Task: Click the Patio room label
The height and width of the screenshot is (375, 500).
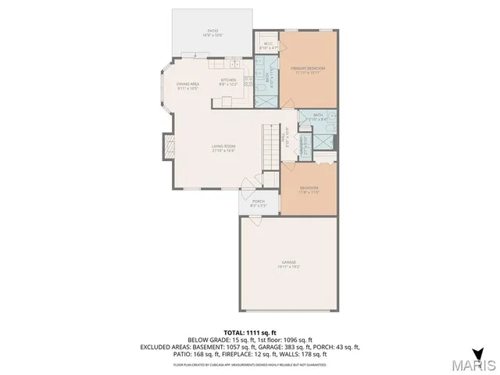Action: coord(213,33)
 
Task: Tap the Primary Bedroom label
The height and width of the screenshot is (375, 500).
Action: coord(308,70)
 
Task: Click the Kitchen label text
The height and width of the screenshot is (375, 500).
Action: coord(228,81)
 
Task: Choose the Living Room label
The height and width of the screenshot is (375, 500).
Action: coord(223,148)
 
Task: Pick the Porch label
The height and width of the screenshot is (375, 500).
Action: coord(258,202)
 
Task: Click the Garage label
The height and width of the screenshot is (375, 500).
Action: coord(289,263)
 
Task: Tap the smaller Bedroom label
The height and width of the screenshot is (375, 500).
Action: coord(309,189)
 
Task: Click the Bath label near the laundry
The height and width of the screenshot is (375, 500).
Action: coord(318,116)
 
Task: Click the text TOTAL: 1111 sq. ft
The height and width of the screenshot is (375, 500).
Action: coord(249,331)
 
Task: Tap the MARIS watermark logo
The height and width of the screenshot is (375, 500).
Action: coord(473,365)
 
